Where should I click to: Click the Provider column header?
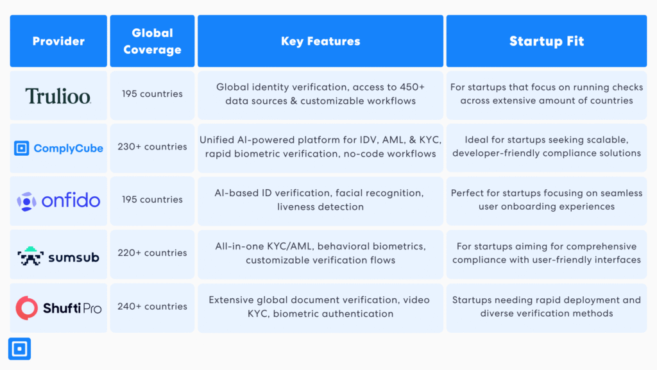[58, 41]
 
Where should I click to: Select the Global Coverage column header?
[152, 41]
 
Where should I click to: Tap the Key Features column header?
[320, 41]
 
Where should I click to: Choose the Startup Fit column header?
[547, 41]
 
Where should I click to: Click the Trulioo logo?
[58, 96]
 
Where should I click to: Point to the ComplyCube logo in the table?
[58, 149]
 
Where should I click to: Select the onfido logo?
[58, 201]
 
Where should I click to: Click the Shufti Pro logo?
[58, 308]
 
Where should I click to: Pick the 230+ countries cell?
[152, 147]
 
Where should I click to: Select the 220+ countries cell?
[152, 253]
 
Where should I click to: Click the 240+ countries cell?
[152, 307]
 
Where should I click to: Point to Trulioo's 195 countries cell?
[152, 94]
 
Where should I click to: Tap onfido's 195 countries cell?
[152, 200]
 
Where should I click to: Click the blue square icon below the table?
[19, 349]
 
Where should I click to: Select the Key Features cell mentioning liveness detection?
[320, 200]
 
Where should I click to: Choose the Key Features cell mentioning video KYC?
[320, 307]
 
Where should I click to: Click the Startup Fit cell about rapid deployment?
[547, 307]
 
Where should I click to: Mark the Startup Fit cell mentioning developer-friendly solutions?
[547, 147]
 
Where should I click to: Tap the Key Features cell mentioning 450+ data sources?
[320, 94]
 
